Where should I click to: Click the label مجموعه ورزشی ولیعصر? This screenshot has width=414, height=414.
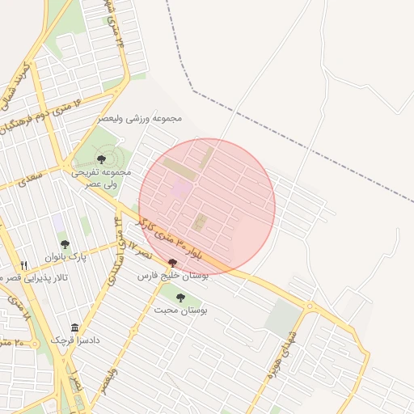pyautogui.click(x=141, y=118)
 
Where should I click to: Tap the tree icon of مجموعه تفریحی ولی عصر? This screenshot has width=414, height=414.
pyautogui.click(x=101, y=159)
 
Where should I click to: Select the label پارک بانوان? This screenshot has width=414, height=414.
pyautogui.click(x=65, y=257)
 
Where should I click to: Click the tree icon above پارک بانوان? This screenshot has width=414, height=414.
pyautogui.click(x=65, y=244)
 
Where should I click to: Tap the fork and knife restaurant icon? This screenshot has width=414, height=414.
pyautogui.click(x=24, y=265)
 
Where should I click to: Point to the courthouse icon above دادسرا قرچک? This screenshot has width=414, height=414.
pyautogui.click(x=75, y=327)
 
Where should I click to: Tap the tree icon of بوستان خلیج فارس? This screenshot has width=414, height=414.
pyautogui.click(x=171, y=263)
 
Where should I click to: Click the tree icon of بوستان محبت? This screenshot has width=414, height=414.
pyautogui.click(x=180, y=298)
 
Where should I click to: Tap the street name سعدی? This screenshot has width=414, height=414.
pyautogui.click(x=32, y=177)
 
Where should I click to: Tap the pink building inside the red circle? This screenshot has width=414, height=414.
pyautogui.click(x=181, y=188)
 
